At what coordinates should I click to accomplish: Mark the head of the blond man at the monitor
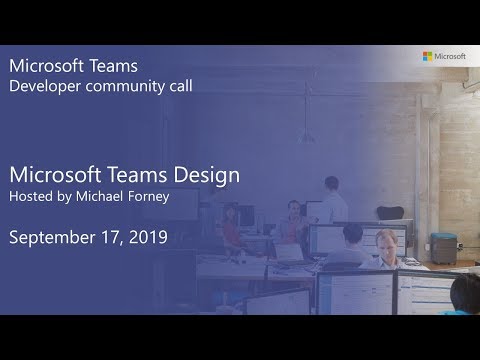tap(385, 240)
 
